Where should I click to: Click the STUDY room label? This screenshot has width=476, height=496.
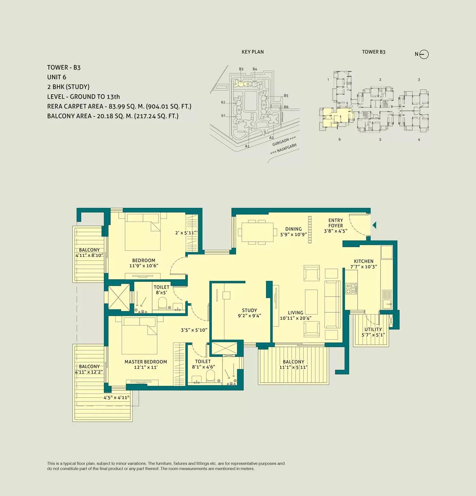[249, 310]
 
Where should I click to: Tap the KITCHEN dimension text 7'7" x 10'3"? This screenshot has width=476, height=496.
[364, 267]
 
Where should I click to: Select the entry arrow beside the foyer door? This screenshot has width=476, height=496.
[374, 225]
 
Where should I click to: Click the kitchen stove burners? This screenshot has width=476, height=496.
[351, 288]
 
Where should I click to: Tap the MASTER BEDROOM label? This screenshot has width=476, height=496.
[146, 362]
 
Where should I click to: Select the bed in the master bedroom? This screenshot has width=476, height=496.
[140, 336]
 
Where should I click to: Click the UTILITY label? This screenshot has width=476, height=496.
[373, 329]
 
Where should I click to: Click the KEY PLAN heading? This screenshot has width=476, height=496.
[253, 52]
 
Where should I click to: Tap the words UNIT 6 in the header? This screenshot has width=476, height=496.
[57, 77]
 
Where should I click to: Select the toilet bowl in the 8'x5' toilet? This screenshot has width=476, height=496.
[162, 303]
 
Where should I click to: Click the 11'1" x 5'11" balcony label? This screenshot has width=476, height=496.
[294, 367]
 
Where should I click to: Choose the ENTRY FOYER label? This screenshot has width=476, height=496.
[336, 223]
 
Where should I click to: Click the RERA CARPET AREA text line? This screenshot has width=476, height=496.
[119, 106]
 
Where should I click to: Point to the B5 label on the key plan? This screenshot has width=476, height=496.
[286, 96]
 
